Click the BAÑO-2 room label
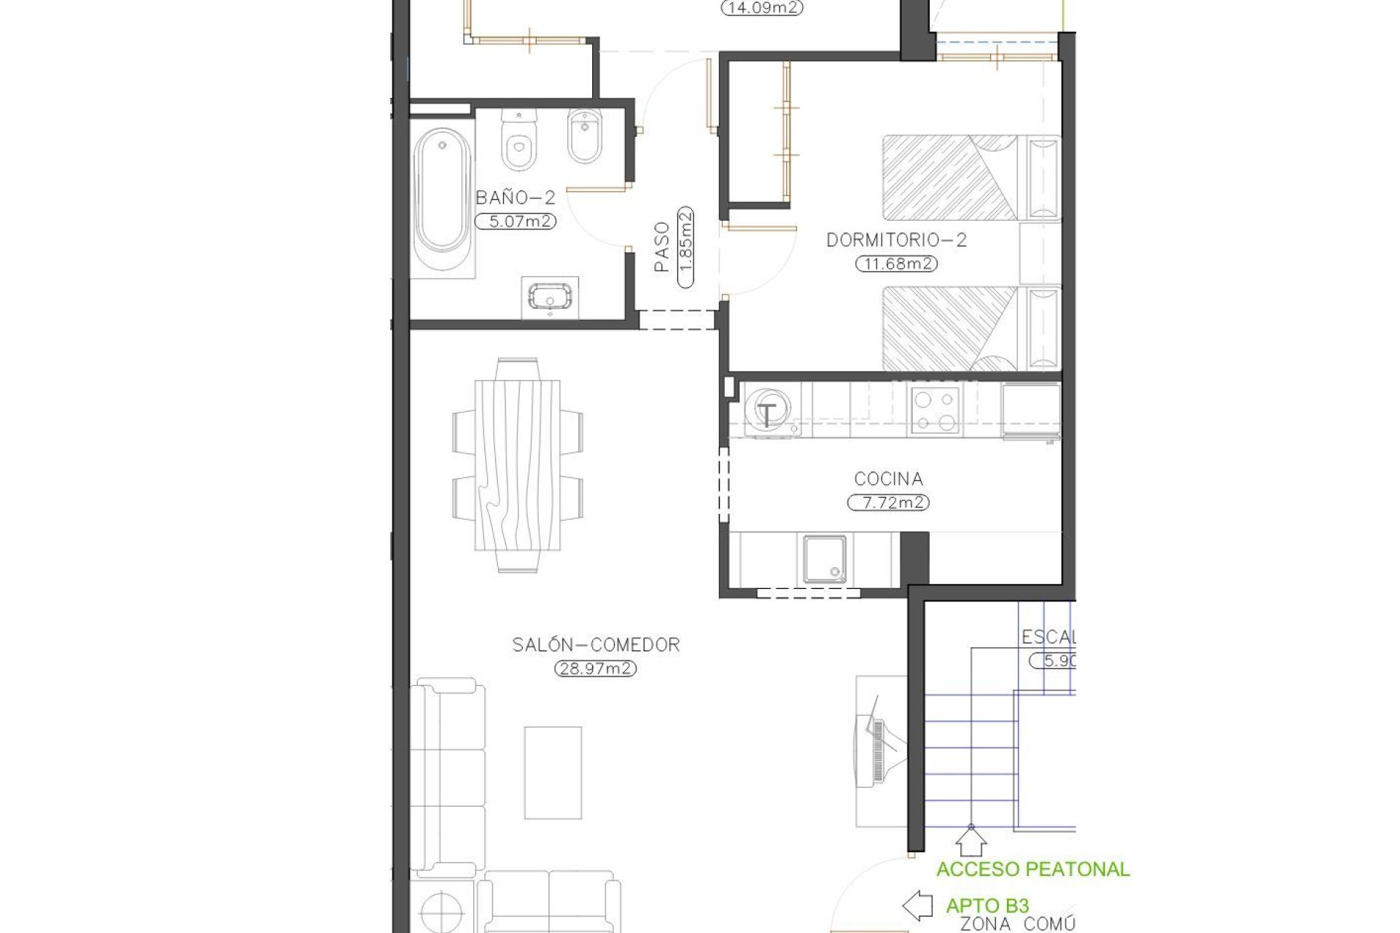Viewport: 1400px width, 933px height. (516, 198)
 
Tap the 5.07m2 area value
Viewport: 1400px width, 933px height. (516, 221)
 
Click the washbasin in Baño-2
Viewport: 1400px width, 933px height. (550, 297)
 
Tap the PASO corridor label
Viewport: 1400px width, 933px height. (662, 248)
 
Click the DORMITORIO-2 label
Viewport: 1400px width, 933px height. (896, 240)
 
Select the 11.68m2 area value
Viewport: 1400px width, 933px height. (896, 264)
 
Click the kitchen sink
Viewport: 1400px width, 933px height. (825, 559)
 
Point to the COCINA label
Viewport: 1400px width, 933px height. (888, 479)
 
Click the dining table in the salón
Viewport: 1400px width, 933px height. (517, 465)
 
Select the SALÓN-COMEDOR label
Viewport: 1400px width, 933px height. (596, 644)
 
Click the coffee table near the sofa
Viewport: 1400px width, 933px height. (553, 772)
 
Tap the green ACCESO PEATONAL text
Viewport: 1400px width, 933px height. (1032, 869)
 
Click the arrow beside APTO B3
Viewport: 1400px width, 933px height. (917, 906)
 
